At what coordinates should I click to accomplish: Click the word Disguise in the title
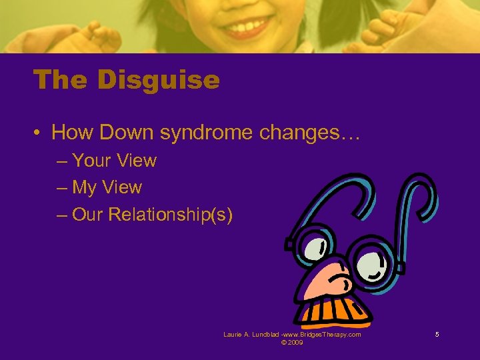click(x=158, y=80)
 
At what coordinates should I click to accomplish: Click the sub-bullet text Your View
click(x=114, y=161)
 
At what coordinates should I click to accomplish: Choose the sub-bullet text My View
click(x=107, y=187)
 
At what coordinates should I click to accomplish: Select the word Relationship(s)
click(x=170, y=215)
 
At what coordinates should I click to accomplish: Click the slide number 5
click(x=437, y=335)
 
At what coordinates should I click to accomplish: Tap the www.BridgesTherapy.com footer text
click(x=323, y=335)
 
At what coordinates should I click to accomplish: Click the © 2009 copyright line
click(x=292, y=343)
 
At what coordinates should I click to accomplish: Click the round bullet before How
click(x=38, y=133)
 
